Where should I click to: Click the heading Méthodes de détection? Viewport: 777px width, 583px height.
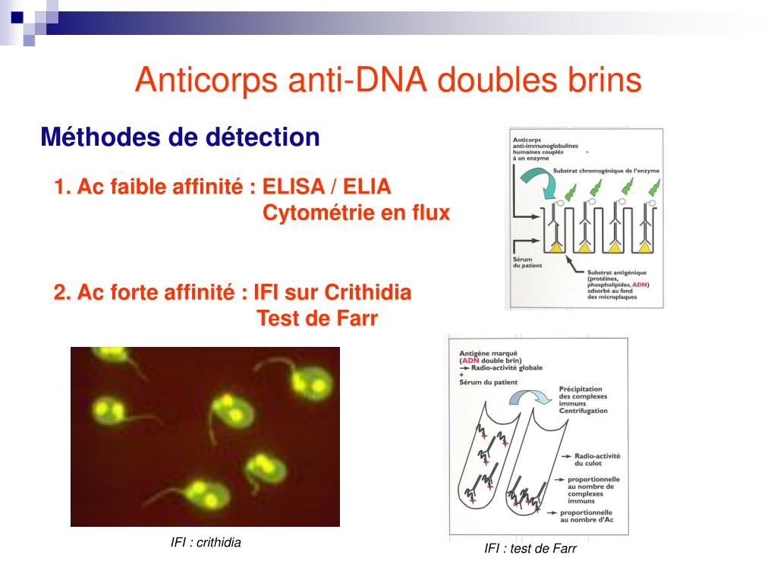point(180,137)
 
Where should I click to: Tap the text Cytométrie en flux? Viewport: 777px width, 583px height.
point(356,214)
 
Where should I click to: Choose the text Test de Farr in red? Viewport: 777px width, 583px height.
point(317,319)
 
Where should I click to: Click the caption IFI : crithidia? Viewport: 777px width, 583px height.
point(206,542)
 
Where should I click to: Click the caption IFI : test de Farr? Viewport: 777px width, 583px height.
point(530,549)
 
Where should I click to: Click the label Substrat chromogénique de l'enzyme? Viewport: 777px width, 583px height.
point(606,171)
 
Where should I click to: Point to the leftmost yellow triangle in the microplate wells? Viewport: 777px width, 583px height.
point(555,247)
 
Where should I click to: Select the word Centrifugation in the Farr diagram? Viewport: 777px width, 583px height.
point(583,411)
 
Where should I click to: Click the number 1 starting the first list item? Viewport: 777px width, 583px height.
point(58,187)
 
